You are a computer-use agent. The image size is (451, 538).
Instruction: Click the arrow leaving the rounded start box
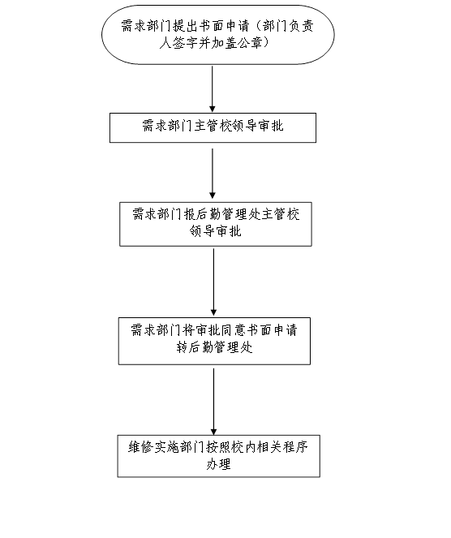tap(213, 89)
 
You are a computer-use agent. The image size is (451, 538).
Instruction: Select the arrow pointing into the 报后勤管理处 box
tap(213, 174)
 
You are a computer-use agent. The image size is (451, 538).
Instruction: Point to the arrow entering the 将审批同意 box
tap(213, 282)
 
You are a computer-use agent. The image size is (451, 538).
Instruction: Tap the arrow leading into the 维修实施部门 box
tap(213, 402)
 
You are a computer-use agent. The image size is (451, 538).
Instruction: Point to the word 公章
tap(250, 43)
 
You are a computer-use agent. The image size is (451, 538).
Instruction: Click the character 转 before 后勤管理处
tap(183, 347)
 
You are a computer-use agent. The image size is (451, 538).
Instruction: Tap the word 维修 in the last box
tap(141, 447)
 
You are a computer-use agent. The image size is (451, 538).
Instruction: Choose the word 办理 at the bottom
tap(218, 464)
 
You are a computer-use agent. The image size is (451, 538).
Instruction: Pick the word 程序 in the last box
tap(295, 447)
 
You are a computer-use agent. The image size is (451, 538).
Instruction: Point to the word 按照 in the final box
tap(218, 447)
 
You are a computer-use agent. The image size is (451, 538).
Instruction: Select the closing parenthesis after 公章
tap(266, 43)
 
